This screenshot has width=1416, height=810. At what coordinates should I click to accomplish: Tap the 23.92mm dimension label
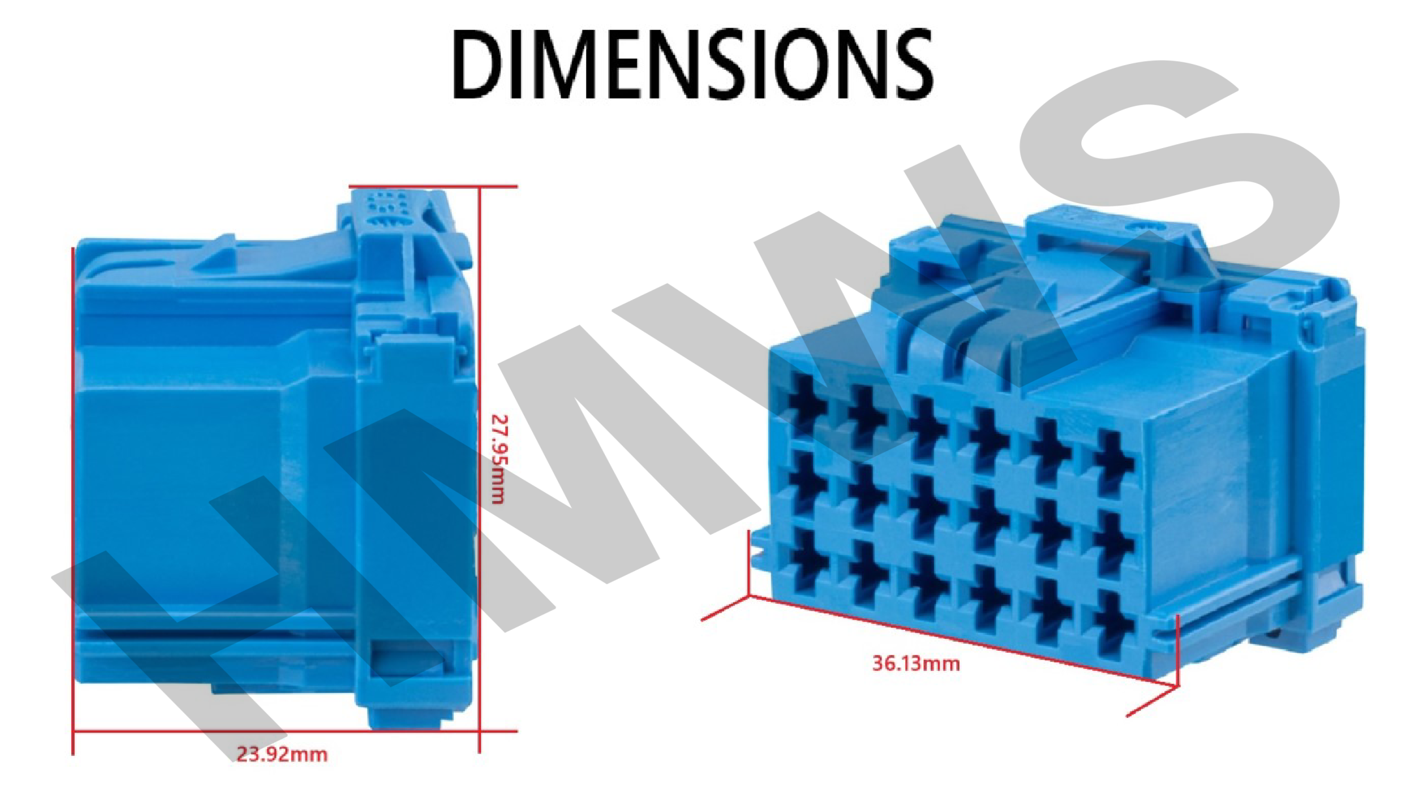(282, 755)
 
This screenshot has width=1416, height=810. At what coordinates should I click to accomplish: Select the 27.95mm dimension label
(498, 459)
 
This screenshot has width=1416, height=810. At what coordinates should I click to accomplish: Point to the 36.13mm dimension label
(916, 664)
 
